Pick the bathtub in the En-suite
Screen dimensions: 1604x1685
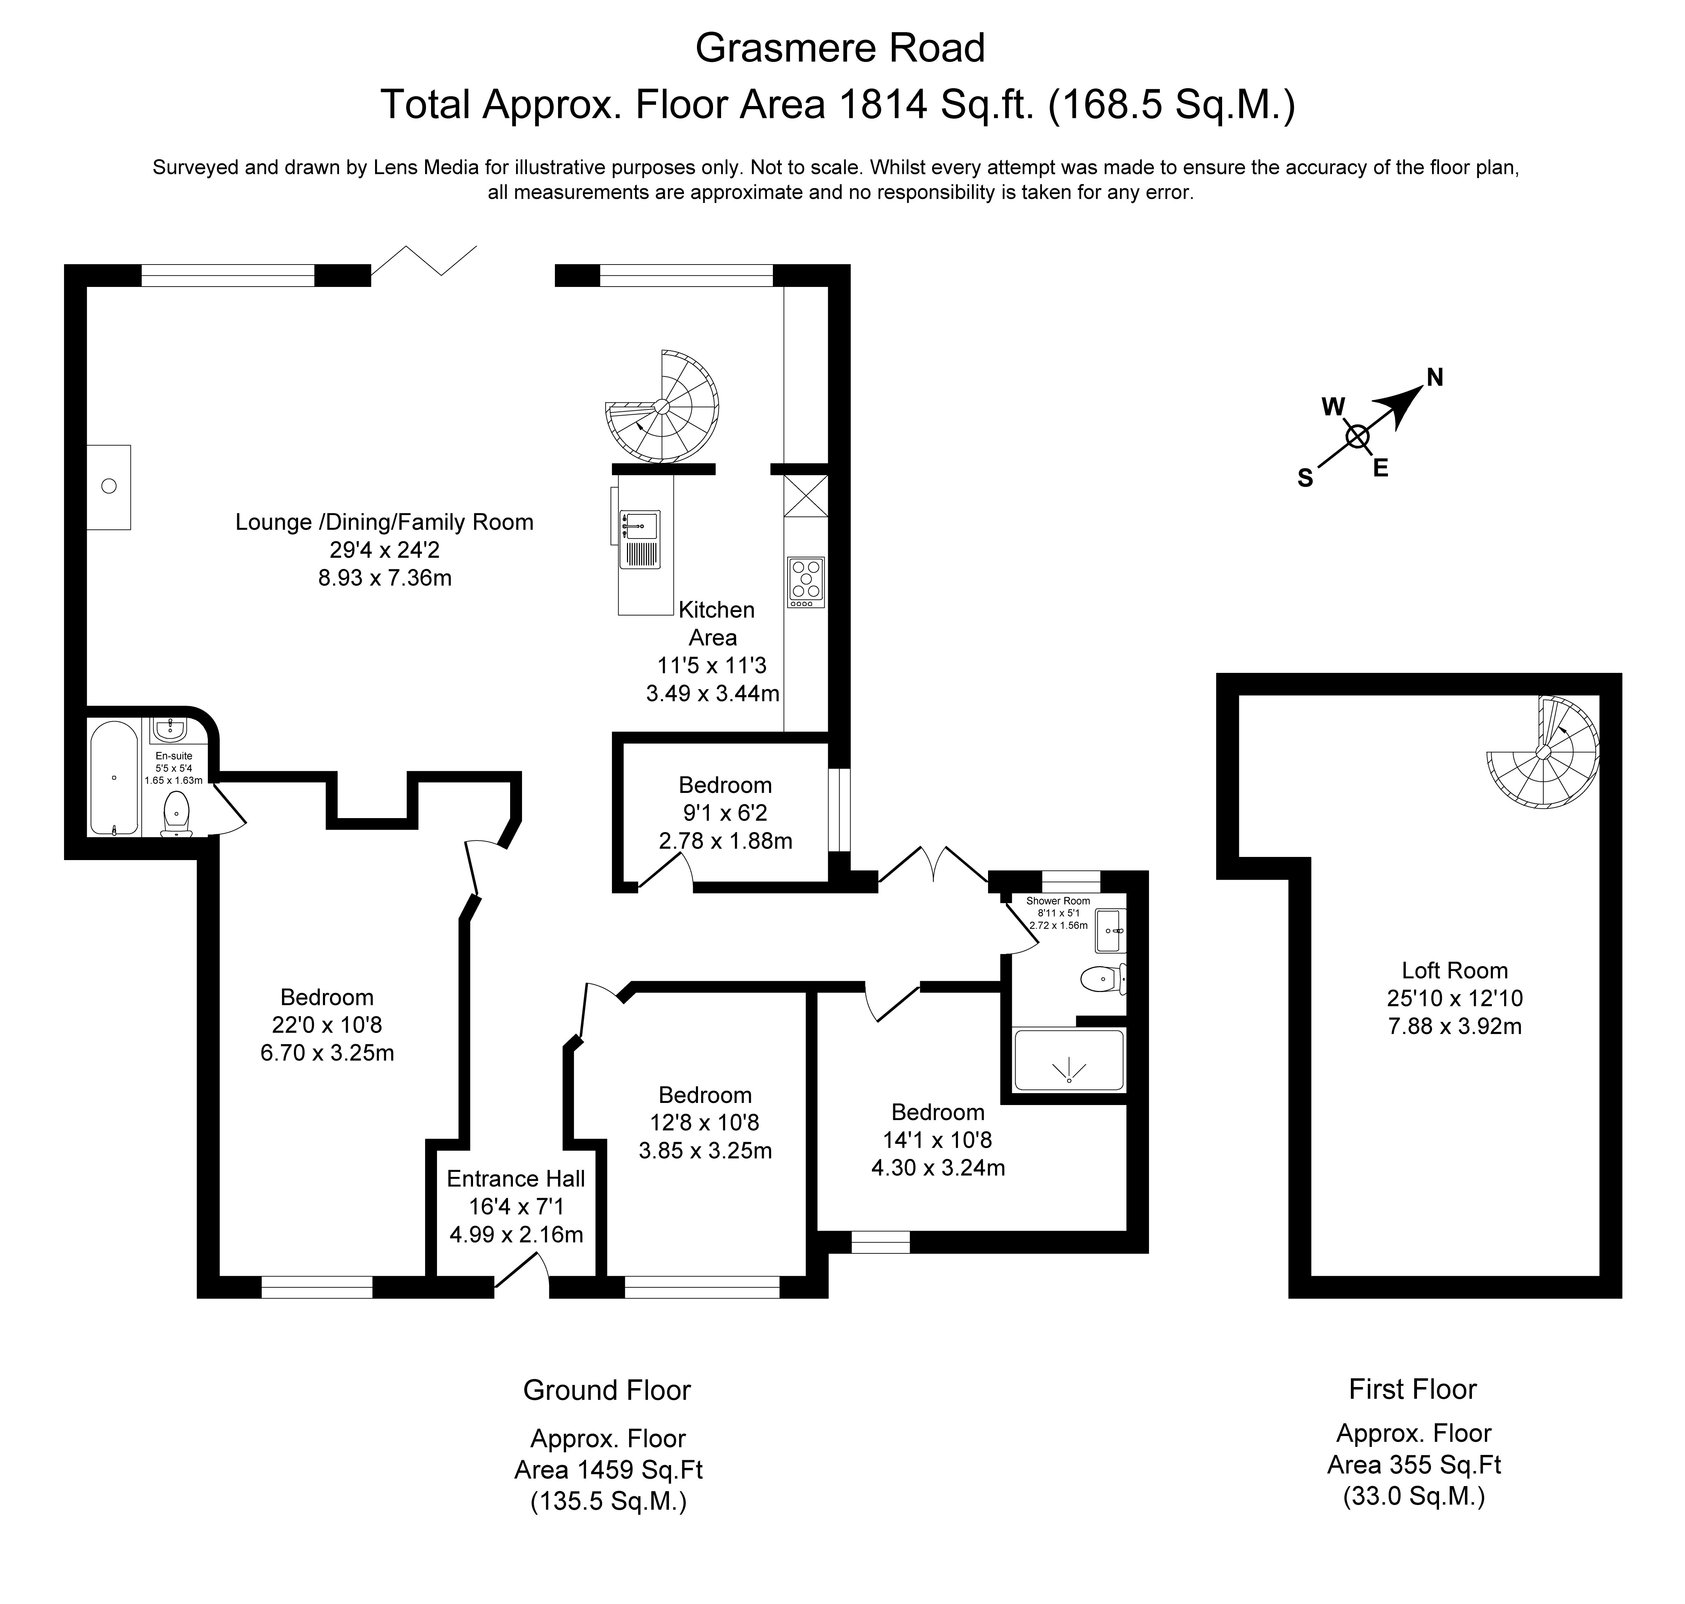pos(114,778)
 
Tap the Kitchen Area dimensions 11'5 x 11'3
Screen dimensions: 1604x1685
pos(712,665)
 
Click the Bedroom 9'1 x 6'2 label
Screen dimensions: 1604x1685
pos(725,785)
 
